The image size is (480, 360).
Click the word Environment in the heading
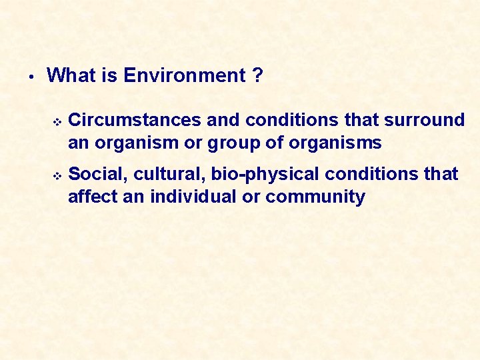(185, 76)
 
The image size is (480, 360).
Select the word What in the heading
(72, 76)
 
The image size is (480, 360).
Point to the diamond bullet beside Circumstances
(57, 121)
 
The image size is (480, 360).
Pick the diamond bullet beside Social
(57, 175)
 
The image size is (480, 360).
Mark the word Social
(98, 174)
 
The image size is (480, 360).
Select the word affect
(92, 197)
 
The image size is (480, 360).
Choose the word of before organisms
(273, 143)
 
